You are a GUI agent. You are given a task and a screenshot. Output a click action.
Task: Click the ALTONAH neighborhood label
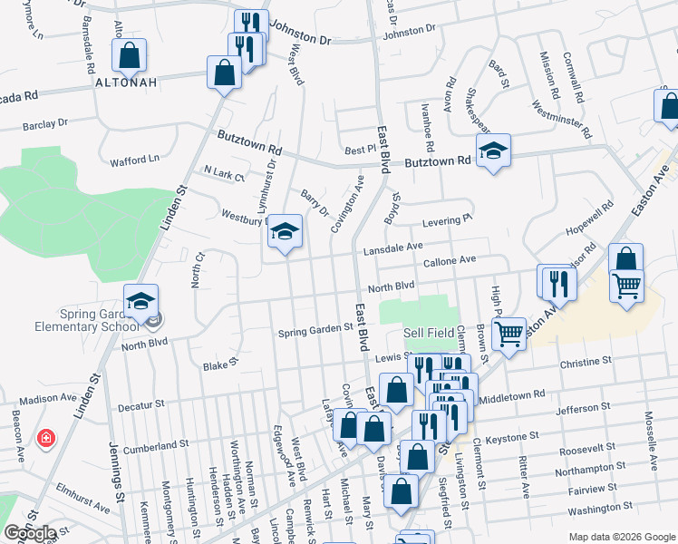(x=126, y=82)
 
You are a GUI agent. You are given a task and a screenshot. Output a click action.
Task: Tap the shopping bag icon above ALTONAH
(x=130, y=55)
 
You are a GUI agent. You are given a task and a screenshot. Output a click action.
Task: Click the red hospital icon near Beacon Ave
(x=45, y=440)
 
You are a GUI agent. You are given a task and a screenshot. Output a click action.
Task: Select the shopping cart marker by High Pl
(x=509, y=335)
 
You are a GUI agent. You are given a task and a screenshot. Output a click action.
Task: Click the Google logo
(x=30, y=532)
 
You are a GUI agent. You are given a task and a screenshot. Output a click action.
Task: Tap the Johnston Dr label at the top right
(x=409, y=31)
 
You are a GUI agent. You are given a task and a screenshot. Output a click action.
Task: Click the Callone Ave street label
(x=450, y=260)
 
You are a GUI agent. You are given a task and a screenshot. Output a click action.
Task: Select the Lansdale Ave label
(x=393, y=247)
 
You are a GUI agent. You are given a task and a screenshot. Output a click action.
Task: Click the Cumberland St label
(x=156, y=446)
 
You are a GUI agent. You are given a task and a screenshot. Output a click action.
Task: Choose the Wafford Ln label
(x=134, y=160)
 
